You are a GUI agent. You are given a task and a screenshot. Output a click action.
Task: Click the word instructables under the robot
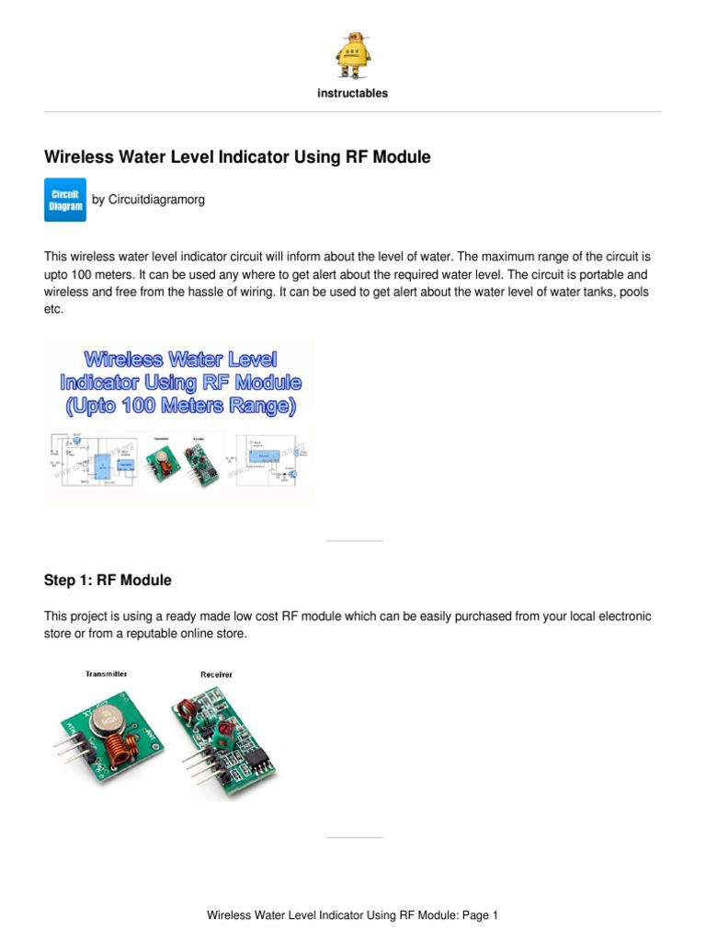pyautogui.click(x=352, y=93)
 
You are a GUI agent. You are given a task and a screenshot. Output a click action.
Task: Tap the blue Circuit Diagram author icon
pyautogui.click(x=65, y=200)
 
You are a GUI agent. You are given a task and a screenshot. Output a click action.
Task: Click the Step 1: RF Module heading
pyautogui.click(x=108, y=580)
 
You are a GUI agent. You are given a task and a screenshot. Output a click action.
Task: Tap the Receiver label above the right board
pyautogui.click(x=216, y=674)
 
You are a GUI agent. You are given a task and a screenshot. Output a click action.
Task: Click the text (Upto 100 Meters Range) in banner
pyautogui.click(x=179, y=407)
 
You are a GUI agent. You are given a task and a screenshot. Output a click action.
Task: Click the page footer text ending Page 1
pyautogui.click(x=352, y=915)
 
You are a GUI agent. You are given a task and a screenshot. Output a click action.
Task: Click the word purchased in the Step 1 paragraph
pyautogui.click(x=421, y=616)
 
